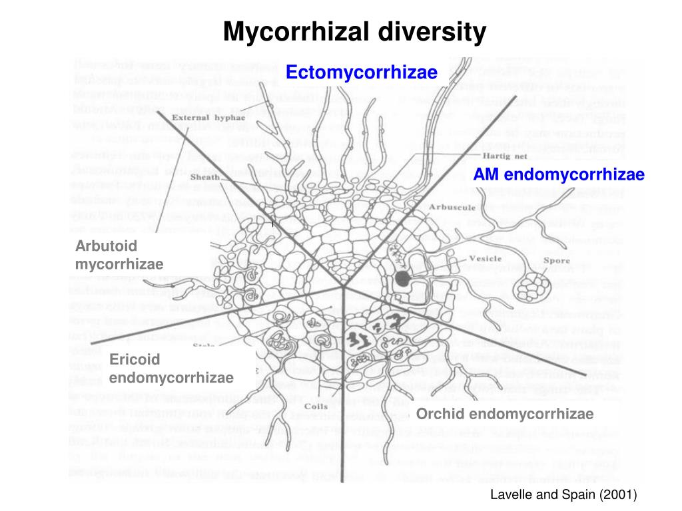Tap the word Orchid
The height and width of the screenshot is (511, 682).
[436, 415]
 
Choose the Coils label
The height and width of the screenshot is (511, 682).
[314, 407]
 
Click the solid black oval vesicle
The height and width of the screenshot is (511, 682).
[402, 278]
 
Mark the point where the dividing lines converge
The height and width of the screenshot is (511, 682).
[344, 287]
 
